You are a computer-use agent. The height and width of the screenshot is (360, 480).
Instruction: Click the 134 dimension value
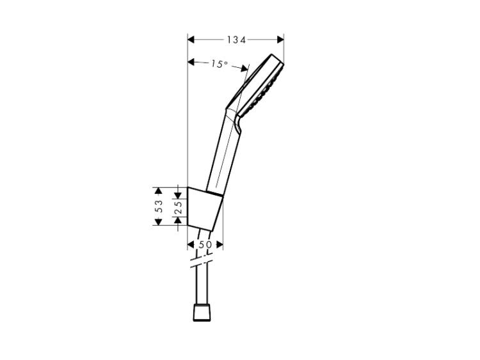236,40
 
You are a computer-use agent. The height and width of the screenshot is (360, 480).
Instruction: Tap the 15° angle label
219,64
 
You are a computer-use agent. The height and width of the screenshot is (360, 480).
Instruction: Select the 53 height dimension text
159,206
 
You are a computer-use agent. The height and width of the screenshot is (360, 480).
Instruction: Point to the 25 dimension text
178,207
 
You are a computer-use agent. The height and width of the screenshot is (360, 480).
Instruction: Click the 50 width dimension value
205,244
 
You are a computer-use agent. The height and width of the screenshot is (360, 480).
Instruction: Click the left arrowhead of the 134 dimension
191,40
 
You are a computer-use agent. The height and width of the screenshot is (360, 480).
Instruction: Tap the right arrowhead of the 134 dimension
280,40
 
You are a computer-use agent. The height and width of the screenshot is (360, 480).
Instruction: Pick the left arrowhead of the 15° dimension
191,62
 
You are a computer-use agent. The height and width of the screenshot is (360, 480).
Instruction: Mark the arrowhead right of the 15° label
244,68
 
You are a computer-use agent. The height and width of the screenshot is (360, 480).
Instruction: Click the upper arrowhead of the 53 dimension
158,191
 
